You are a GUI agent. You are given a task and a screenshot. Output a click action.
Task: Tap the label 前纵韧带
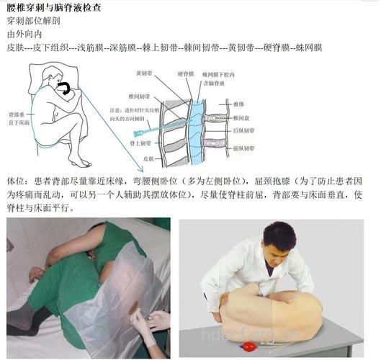pos(246,148)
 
